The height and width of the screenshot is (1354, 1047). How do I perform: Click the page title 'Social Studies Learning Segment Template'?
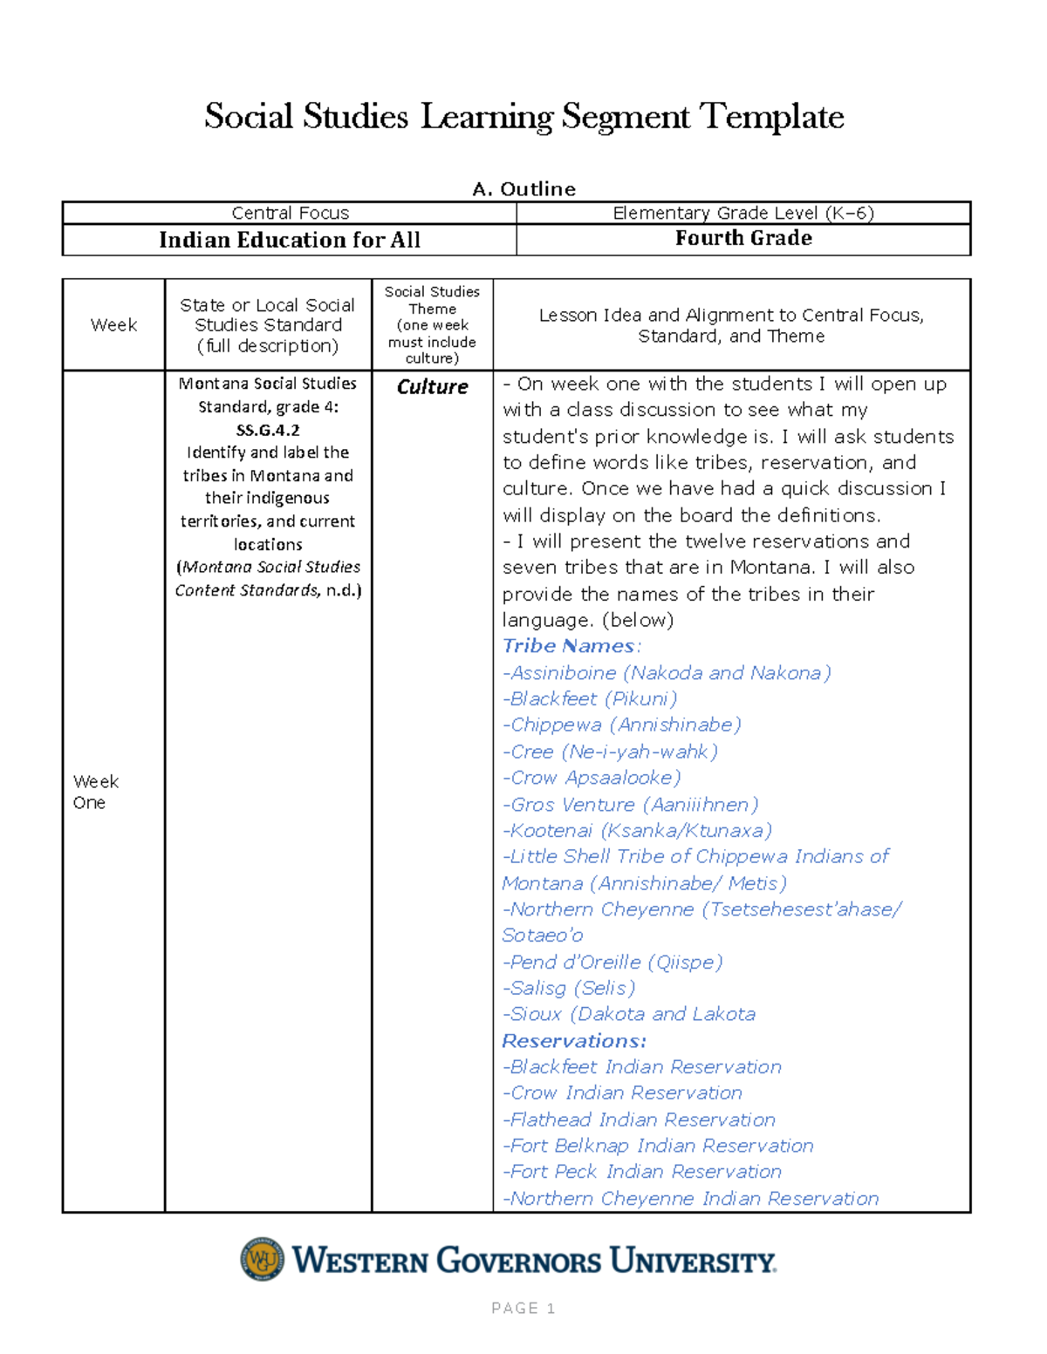click(x=523, y=117)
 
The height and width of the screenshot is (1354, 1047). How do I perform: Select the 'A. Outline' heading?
click(x=523, y=189)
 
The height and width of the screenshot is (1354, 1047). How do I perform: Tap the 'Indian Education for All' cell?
click(x=290, y=240)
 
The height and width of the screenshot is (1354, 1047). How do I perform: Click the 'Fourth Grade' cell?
click(x=743, y=239)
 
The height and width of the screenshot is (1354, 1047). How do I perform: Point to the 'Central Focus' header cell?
click(x=290, y=214)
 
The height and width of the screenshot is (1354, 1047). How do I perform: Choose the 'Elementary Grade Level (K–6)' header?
click(x=743, y=214)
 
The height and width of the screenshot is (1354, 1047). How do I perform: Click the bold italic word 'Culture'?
click(x=432, y=387)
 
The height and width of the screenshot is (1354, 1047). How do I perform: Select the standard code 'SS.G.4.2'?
click(x=268, y=430)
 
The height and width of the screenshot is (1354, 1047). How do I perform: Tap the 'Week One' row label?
click(x=95, y=792)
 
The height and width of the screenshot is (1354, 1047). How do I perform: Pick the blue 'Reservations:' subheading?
click(x=574, y=1041)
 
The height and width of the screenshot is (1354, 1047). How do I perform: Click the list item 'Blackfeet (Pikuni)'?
click(x=590, y=699)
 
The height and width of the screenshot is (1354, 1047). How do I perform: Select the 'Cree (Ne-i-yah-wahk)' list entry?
click(x=610, y=752)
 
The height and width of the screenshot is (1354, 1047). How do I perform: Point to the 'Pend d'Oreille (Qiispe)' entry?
click(x=612, y=963)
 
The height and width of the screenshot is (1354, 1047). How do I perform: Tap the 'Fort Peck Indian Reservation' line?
click(x=642, y=1172)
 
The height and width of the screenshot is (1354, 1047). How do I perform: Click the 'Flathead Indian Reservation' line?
click(x=639, y=1119)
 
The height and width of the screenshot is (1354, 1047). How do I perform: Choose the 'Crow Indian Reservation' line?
click(x=622, y=1093)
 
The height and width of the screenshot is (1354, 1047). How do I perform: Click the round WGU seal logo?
click(x=262, y=1259)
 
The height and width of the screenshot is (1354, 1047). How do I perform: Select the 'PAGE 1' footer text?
click(x=523, y=1308)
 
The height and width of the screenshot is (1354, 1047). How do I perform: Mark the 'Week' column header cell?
click(x=113, y=325)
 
